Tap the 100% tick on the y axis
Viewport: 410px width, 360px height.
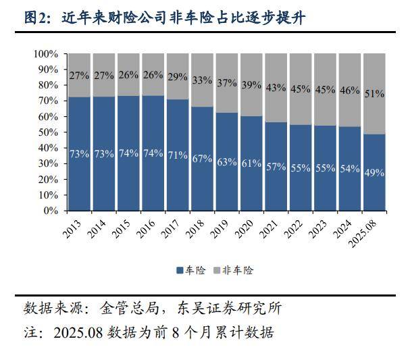(46, 53)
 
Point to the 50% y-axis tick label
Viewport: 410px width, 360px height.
(48, 132)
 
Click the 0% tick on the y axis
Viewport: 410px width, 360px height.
(51, 210)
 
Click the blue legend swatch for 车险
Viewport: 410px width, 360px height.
(180, 270)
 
